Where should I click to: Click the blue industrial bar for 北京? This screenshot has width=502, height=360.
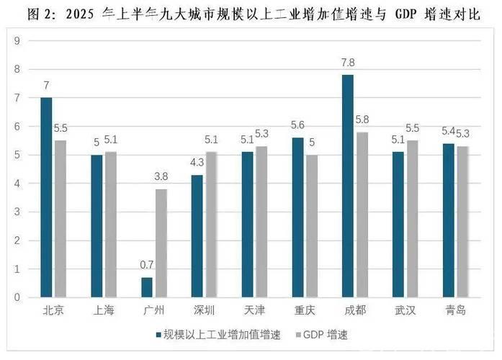pos(46,197)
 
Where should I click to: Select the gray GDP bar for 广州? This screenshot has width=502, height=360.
pos(161,243)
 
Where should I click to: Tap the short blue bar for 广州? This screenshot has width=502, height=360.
pos(147,287)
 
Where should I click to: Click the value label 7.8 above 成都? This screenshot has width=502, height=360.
pos(349,63)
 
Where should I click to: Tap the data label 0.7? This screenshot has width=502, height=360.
pos(147,265)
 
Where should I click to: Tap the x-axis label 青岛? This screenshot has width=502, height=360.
pos(455,310)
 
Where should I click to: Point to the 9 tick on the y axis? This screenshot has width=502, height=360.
pos(17,41)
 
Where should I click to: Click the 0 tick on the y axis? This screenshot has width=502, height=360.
pos(17,297)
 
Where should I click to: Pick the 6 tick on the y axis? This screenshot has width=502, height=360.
pos(17,127)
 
